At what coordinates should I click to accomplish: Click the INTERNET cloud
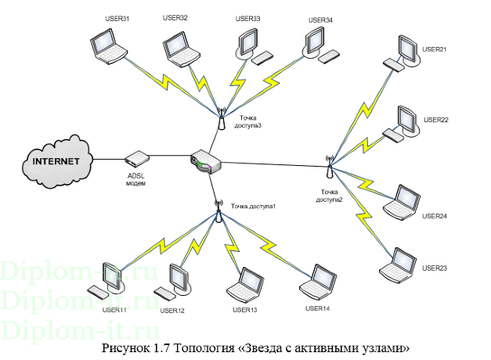(x=55, y=160)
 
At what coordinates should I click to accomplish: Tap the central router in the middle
(x=206, y=162)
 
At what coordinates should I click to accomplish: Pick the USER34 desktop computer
(x=316, y=44)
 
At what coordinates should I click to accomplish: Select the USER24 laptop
(x=405, y=200)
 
